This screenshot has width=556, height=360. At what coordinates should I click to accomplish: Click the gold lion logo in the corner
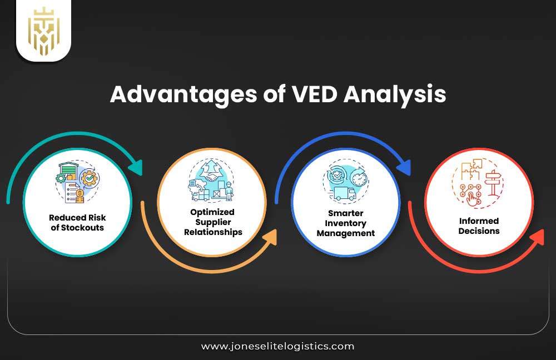43,31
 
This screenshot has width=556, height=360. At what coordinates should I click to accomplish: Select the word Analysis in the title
395,94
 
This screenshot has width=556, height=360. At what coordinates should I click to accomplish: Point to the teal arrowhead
135,167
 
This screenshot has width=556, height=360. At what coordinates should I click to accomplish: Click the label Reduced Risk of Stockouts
76,222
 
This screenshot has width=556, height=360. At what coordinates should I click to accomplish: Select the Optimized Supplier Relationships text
213,222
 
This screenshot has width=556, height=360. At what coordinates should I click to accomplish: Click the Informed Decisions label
479,226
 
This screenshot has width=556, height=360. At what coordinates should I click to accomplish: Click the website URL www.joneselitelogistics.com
277,346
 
